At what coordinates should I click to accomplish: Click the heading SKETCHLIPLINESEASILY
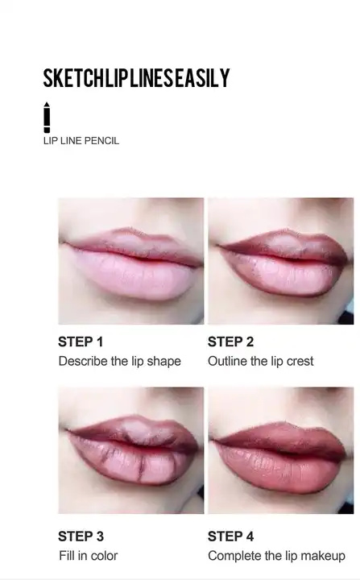(x=136, y=78)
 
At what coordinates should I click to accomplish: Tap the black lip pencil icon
(x=47, y=118)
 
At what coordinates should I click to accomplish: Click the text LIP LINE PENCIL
(x=81, y=141)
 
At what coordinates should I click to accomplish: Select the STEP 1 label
(x=81, y=342)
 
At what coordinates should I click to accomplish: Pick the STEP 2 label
(x=230, y=342)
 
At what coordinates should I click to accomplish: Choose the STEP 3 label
(x=81, y=536)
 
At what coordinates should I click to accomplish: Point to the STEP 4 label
(x=230, y=536)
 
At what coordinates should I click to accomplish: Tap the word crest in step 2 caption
(x=300, y=361)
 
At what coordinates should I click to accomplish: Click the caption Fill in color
(x=88, y=556)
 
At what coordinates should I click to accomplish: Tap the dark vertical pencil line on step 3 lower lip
(x=140, y=467)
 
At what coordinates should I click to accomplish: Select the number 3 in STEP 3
(x=99, y=536)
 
